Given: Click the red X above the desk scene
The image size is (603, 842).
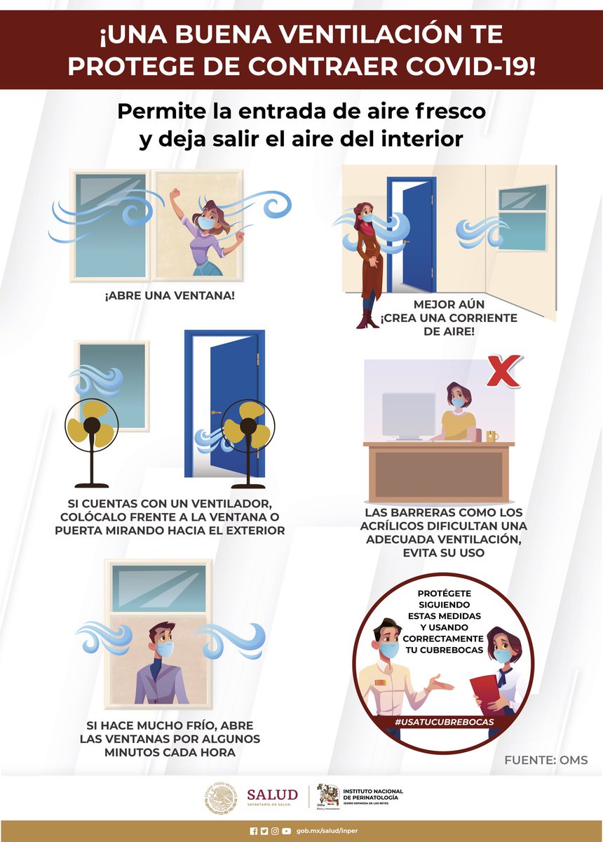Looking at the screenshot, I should point(503,371).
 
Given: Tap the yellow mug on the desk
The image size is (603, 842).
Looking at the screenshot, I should point(492,436).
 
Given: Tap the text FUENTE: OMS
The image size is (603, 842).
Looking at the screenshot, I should point(546,760).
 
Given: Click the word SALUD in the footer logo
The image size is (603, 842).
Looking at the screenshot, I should point(272,794).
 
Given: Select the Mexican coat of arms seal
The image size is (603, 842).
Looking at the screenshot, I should point(221,798).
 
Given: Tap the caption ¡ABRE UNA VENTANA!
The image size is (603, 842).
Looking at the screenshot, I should point(169,295).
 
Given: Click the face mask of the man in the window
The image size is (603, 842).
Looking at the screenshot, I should point(164,648).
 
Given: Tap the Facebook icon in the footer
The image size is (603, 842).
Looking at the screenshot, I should point(253,830).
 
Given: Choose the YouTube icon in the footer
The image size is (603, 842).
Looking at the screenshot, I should point(287,830).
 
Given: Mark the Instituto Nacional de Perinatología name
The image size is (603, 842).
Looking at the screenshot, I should point(373,795).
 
